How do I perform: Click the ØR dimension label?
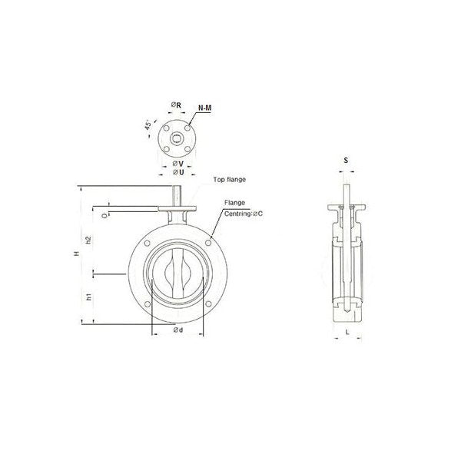click(x=176, y=104)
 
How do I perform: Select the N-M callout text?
click(x=204, y=108)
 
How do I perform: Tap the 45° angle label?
click(x=148, y=125)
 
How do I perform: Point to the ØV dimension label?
click(x=178, y=163)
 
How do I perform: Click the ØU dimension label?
click(x=178, y=172)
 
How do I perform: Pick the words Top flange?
click(x=229, y=179)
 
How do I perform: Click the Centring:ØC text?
click(x=244, y=214)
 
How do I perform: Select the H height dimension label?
click(x=77, y=253)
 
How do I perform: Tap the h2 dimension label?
click(x=88, y=240)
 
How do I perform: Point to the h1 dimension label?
click(x=89, y=297)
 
